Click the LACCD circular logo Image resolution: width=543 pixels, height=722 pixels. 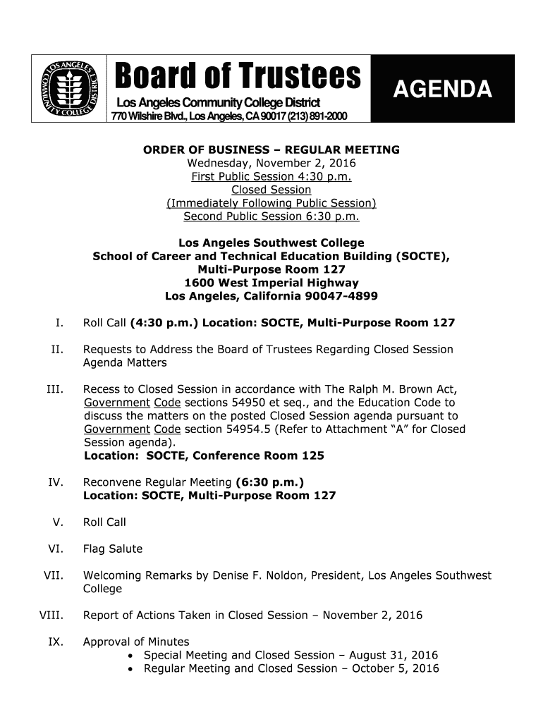[x=69, y=88]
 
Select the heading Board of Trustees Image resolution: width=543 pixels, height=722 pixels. [x=238, y=76]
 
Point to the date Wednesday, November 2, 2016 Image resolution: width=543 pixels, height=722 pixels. [x=271, y=163]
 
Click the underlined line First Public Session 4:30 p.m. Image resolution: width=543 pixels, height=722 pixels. [x=271, y=176]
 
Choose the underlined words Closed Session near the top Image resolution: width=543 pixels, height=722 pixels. [x=271, y=190]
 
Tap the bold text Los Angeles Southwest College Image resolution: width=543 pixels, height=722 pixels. [x=271, y=243]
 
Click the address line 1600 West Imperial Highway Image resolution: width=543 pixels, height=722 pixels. [x=271, y=283]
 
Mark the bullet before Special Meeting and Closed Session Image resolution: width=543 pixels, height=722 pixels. [x=134, y=656]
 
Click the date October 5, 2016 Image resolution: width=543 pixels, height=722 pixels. [x=395, y=668]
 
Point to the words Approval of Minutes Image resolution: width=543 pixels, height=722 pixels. [x=136, y=642]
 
